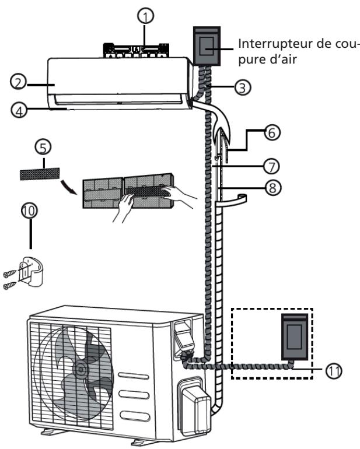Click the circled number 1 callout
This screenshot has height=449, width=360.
coord(146,16)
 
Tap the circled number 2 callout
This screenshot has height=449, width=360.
coord(18,82)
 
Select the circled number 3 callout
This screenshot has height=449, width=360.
coord(243,87)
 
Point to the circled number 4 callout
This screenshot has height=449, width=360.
coord(19,110)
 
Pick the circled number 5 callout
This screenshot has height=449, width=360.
coord(43,148)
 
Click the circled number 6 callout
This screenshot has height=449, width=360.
coord(272,132)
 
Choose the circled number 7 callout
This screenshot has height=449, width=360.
coord(272,166)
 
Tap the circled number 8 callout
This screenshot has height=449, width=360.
coord(272,188)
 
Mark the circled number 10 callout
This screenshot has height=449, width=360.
coord(30,211)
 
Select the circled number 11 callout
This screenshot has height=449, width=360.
coord(334,371)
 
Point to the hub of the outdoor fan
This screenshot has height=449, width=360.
coord(81,369)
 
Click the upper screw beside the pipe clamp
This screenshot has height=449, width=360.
coord(10,273)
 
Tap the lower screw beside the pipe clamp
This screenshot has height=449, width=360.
coord(10,286)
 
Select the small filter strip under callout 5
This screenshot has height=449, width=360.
coord(40,174)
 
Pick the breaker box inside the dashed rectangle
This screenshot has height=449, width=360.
coord(295,337)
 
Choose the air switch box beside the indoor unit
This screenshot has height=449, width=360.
coord(207,47)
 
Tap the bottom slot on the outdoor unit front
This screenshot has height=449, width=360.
coord(135,416)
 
